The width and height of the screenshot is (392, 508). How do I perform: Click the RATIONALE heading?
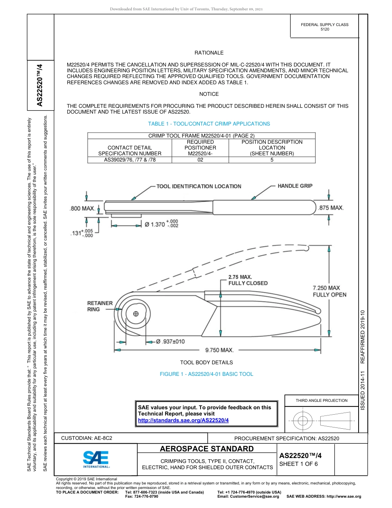point(209,53)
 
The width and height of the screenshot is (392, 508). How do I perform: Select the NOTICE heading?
point(209,94)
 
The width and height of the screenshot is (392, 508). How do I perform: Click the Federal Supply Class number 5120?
point(324,30)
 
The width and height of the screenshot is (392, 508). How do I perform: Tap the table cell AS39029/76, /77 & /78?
point(130,159)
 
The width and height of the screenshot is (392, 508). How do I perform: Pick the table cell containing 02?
point(200,159)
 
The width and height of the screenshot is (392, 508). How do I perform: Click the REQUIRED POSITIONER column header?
point(200,147)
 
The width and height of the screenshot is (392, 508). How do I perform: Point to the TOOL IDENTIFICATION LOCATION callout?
point(198,186)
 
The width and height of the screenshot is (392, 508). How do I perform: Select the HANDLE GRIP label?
point(295,186)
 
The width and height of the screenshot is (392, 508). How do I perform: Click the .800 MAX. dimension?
point(83,208)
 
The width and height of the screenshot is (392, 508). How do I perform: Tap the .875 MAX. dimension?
point(331,208)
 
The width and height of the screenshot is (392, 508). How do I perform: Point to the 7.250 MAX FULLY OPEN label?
point(329,291)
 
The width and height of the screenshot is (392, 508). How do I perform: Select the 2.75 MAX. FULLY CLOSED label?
point(248,280)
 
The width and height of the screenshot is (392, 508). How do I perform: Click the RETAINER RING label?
point(99,306)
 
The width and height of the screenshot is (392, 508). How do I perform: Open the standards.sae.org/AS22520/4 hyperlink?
point(183,420)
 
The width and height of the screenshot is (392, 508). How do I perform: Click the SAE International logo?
point(96,458)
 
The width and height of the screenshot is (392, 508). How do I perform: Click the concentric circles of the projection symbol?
point(303,421)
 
